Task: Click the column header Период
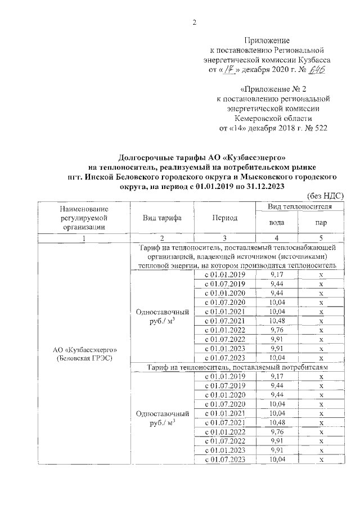(x=224, y=218)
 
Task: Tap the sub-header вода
(x=277, y=222)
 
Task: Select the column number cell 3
(x=224, y=238)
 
